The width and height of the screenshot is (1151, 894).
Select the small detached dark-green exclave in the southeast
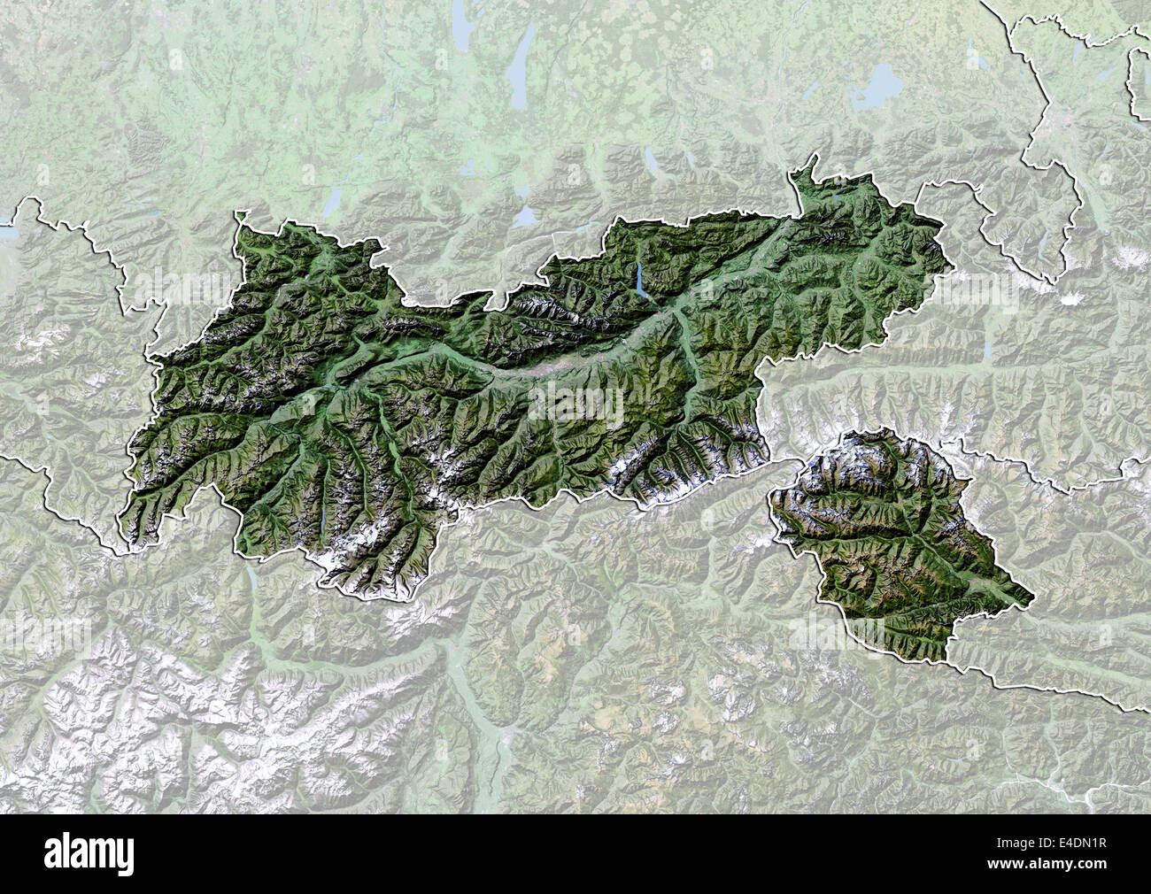(x=894, y=540)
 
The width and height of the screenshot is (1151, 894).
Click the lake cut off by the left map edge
(x=7, y=234)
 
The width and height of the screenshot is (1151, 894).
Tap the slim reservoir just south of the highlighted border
(x=254, y=581)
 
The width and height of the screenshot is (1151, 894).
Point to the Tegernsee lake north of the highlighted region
(x=653, y=159)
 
